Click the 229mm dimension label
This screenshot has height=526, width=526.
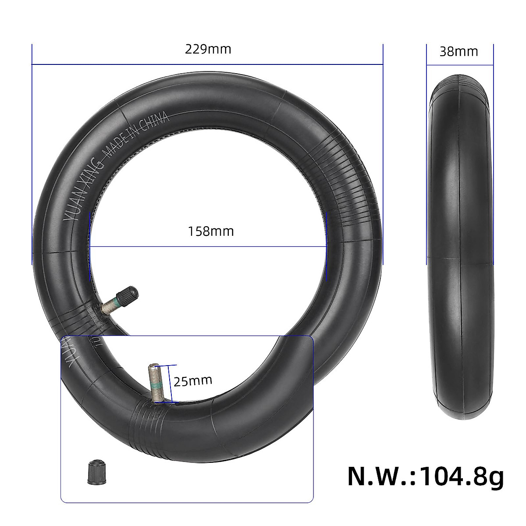click(x=208, y=49)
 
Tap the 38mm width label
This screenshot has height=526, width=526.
click(x=458, y=51)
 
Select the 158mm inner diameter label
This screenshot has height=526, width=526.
click(x=211, y=231)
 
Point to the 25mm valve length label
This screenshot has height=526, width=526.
click(x=193, y=380)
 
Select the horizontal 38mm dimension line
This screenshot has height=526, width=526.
click(x=460, y=66)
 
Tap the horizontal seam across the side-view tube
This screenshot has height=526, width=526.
click(x=460, y=263)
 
